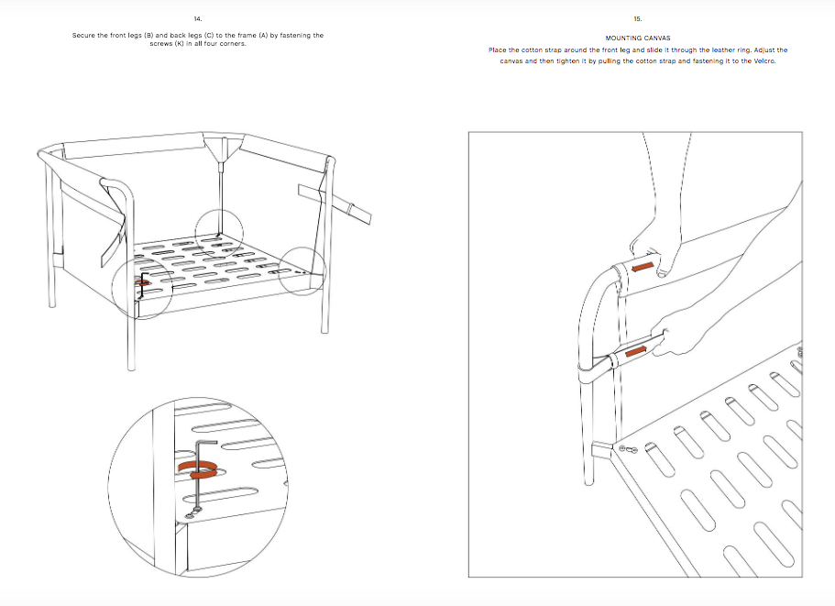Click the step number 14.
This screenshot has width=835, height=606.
[198, 18]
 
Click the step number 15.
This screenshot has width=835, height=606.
[638, 18]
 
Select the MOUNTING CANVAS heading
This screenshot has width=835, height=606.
[638, 39]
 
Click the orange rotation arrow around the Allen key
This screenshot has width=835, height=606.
[200, 468]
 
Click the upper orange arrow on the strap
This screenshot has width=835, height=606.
[644, 267]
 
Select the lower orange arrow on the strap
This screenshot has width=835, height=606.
[635, 351]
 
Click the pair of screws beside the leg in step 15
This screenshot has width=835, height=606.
[627, 448]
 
